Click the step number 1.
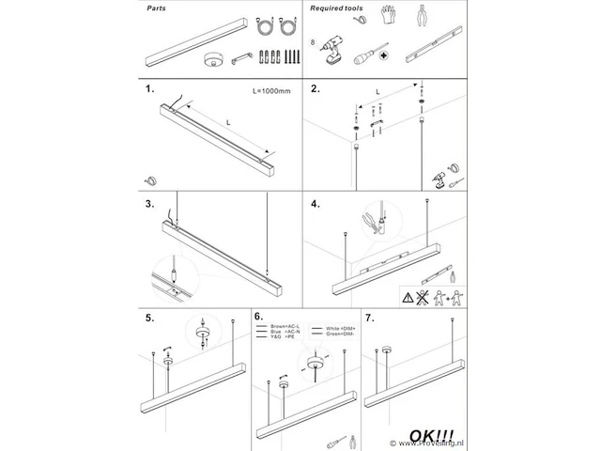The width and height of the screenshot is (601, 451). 150,91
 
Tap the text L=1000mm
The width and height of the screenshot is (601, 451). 271,92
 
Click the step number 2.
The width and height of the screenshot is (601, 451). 316,91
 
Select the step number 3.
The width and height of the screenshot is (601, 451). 150,203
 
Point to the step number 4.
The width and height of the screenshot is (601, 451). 316,203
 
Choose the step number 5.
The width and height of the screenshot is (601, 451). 150,319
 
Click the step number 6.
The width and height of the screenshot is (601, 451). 259,319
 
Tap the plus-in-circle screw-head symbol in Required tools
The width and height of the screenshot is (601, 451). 383,55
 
